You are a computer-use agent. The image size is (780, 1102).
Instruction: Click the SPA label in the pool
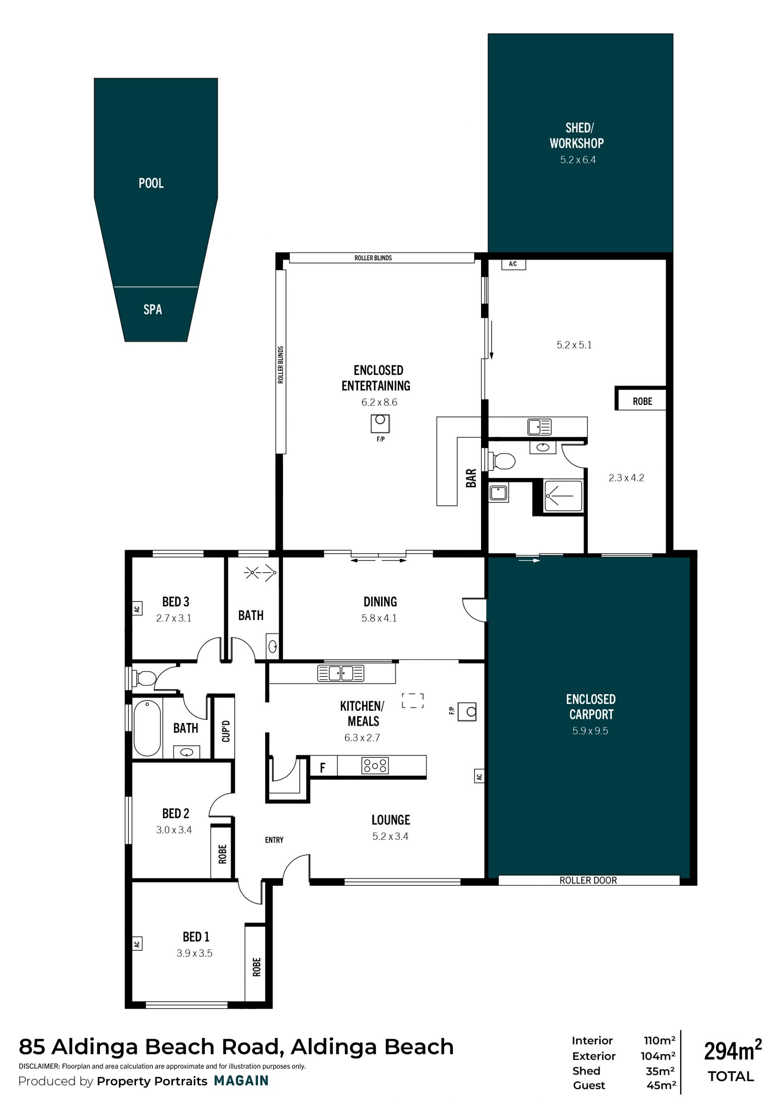[x=153, y=310]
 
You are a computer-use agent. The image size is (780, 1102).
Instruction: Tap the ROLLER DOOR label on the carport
[x=588, y=880]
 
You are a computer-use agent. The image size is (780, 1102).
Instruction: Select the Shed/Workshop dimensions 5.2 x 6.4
[x=578, y=160]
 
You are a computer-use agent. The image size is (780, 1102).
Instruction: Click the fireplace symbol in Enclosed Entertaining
[x=380, y=423]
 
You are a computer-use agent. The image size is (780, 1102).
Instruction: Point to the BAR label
[x=471, y=478]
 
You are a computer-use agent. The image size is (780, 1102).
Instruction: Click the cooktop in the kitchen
[x=375, y=766]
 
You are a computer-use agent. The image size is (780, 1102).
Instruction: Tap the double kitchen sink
[x=340, y=673]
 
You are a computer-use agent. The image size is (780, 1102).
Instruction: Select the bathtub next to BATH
[x=147, y=729]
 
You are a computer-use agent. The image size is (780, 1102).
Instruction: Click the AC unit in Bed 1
[x=137, y=943]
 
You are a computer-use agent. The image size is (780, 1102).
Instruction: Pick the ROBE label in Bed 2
[x=222, y=854]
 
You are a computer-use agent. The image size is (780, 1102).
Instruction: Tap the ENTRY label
[x=274, y=840]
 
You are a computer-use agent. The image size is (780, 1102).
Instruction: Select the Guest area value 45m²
[x=661, y=1085]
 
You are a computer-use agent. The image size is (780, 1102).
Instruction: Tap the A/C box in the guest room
[x=513, y=264]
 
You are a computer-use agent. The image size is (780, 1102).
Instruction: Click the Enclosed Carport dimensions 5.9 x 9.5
[x=590, y=731]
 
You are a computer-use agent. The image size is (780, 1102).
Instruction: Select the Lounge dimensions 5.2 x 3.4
[x=390, y=837]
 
